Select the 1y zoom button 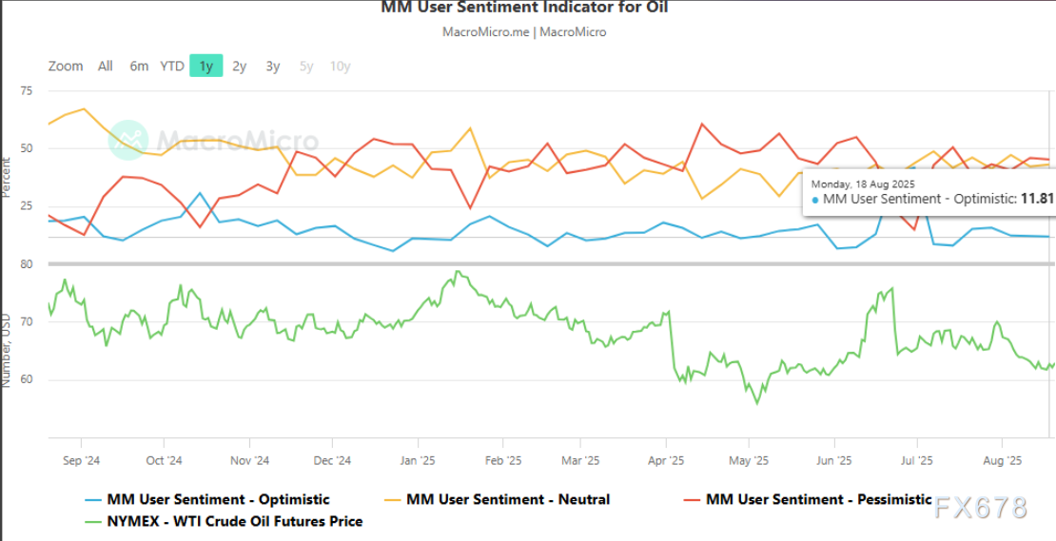click(205, 67)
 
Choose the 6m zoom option click(139, 67)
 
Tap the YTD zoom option click(172, 67)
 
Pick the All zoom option click(105, 67)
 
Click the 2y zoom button click(240, 67)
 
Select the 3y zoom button click(273, 67)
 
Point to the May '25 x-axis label click(749, 461)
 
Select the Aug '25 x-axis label click(1002, 461)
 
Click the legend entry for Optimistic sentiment click(218, 499)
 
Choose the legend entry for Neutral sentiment click(508, 499)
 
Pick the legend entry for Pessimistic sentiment click(818, 499)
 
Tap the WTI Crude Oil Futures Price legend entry click(234, 521)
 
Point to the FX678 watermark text click(981, 508)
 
